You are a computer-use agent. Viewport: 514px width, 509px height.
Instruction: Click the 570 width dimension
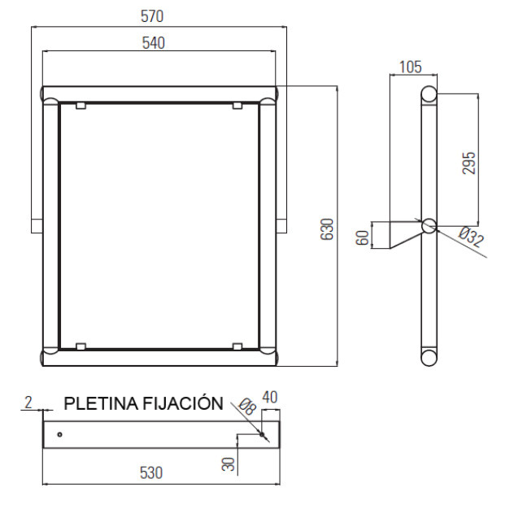coord(152,16)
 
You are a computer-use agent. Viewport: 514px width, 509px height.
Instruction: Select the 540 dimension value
coord(154,43)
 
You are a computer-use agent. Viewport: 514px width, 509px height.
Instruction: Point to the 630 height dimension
coord(327,229)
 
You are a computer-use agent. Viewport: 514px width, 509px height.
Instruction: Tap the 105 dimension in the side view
coord(411,67)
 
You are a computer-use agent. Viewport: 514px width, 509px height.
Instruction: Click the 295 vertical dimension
coord(468,163)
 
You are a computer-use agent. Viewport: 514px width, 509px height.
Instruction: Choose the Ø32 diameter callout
coord(471,237)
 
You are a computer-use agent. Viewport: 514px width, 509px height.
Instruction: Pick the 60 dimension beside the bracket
coord(363,237)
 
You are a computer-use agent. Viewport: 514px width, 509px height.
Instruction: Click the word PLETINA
coord(102,403)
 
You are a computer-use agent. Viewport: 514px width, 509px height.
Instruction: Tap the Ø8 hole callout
coord(247,407)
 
